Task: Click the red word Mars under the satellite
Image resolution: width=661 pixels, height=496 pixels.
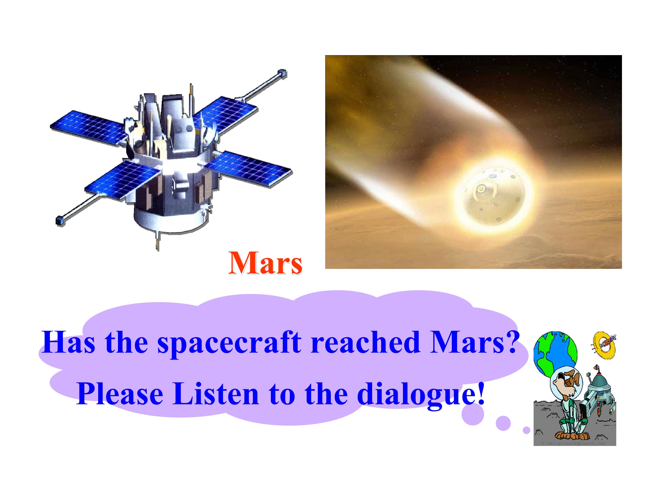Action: click(x=265, y=263)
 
